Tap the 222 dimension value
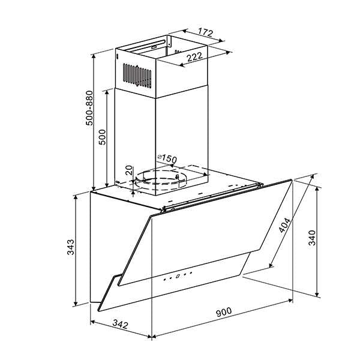pyautogui.click(x=193, y=58)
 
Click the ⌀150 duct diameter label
pyautogui.click(x=166, y=158)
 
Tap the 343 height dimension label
pyautogui.click(x=70, y=247)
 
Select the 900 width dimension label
pyautogui.click(x=223, y=312)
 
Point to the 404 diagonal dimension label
pyautogui.click(x=286, y=227)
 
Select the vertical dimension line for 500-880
pyautogui.click(x=95, y=120)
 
